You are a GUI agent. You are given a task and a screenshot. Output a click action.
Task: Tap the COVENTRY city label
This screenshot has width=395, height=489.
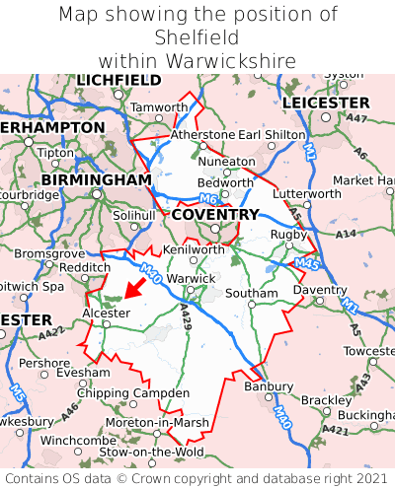(214, 214)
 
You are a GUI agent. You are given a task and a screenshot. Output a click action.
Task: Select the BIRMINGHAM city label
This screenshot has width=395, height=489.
(97, 180)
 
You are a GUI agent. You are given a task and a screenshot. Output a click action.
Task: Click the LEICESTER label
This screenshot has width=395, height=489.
(326, 103)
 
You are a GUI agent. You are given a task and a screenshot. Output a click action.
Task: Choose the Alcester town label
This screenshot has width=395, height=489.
(105, 313)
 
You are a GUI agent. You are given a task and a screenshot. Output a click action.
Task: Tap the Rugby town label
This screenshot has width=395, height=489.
(288, 234)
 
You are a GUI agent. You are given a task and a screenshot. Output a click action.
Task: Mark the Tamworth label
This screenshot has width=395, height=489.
(159, 106)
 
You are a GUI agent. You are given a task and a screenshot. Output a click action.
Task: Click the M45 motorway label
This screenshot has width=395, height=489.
(304, 265)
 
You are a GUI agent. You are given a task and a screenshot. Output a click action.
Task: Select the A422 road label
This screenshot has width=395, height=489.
(53, 338)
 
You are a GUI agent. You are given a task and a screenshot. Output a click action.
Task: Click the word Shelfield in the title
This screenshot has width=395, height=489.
(197, 37)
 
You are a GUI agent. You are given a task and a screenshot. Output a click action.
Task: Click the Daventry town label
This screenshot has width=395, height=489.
(320, 291)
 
